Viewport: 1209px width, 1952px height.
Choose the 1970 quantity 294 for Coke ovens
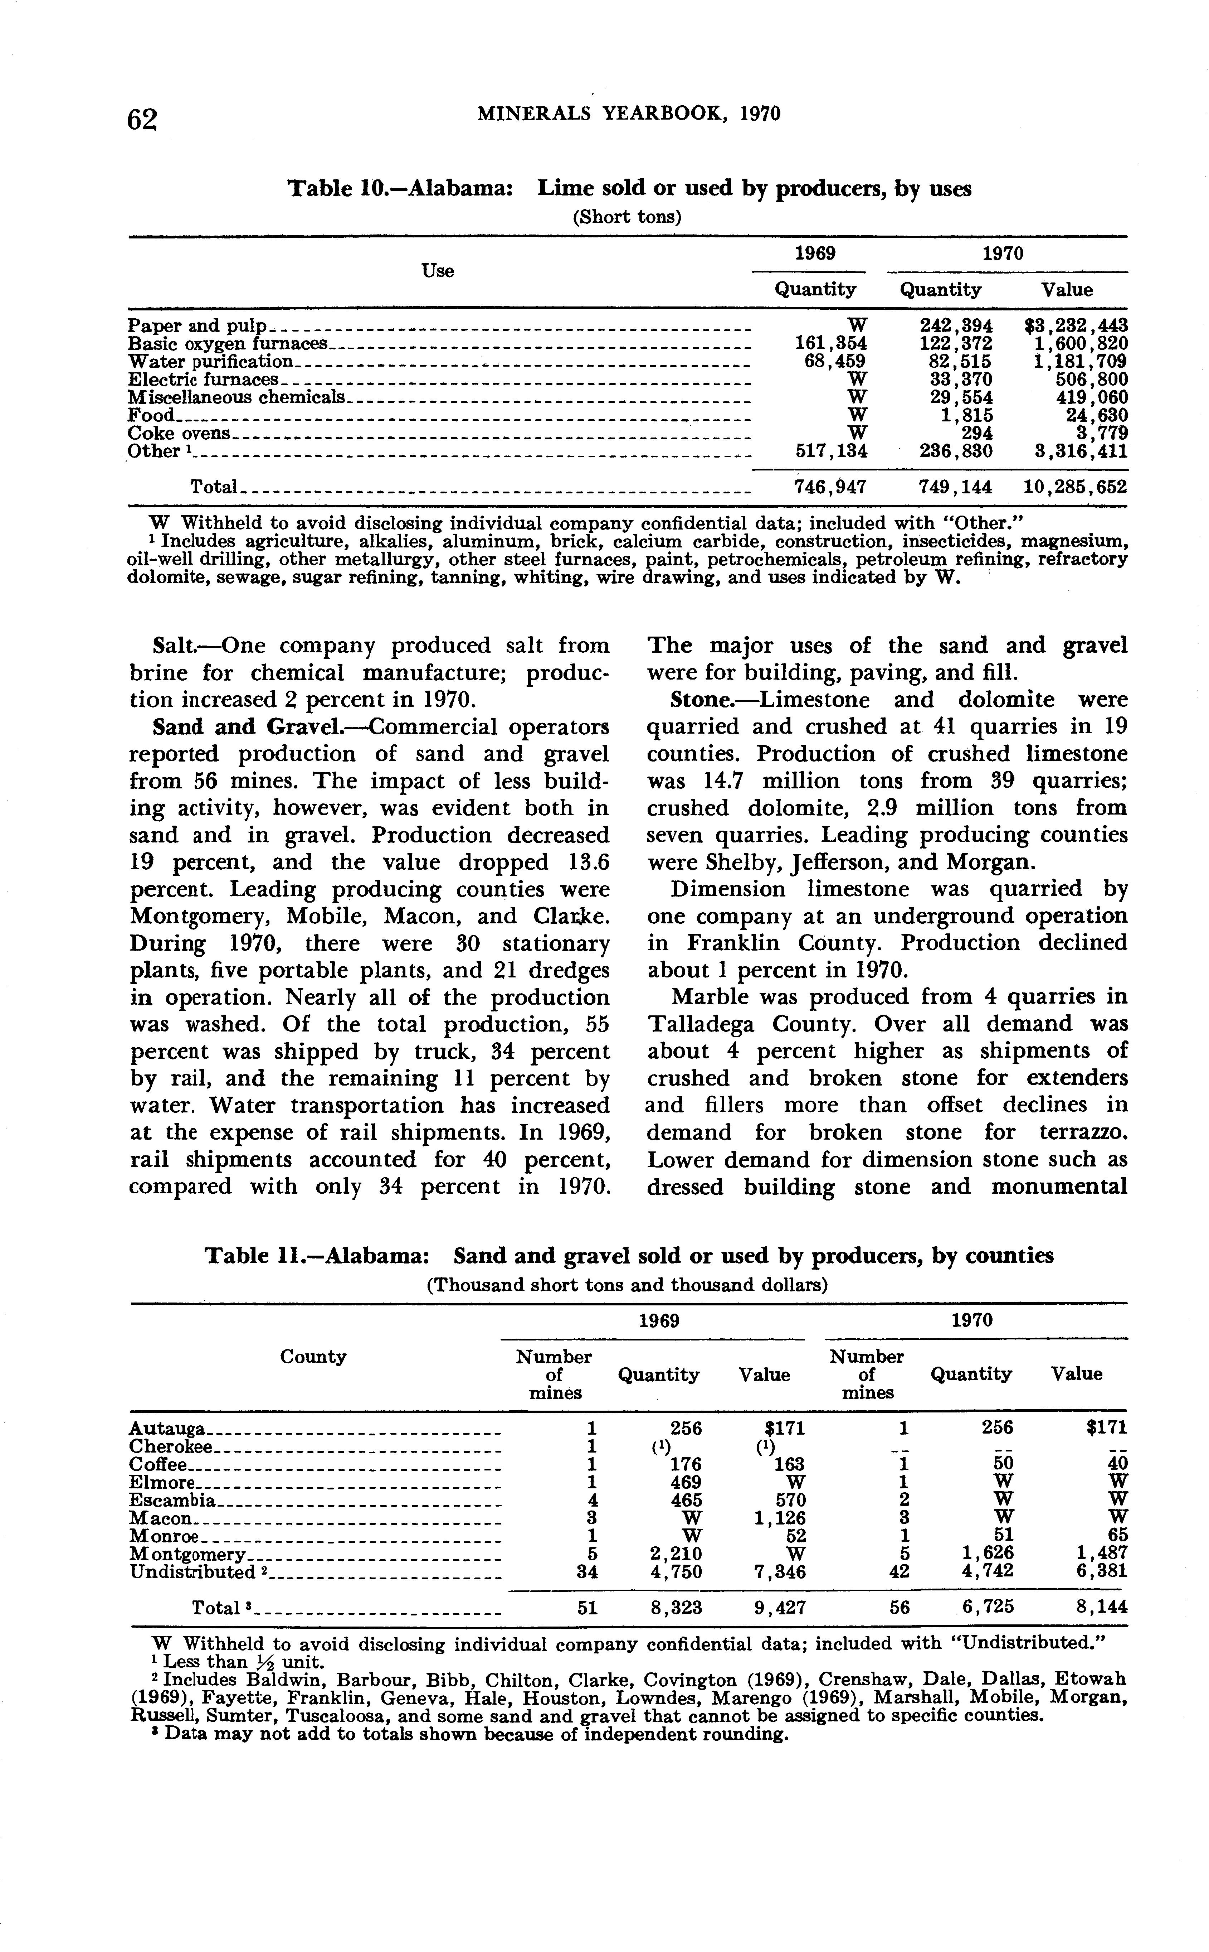click(976, 433)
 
